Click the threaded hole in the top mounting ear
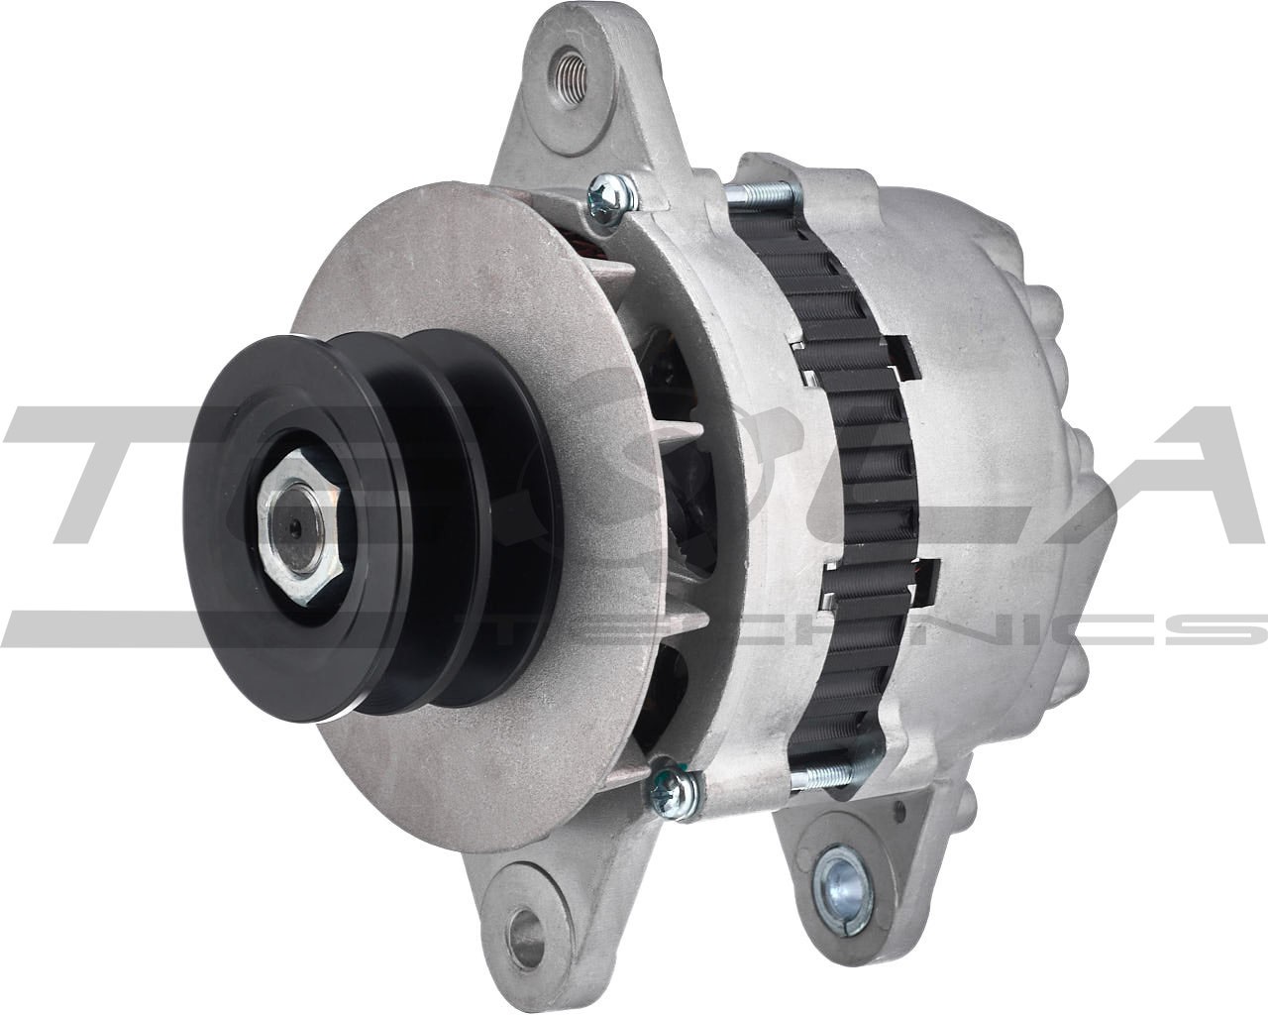point(571,70)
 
